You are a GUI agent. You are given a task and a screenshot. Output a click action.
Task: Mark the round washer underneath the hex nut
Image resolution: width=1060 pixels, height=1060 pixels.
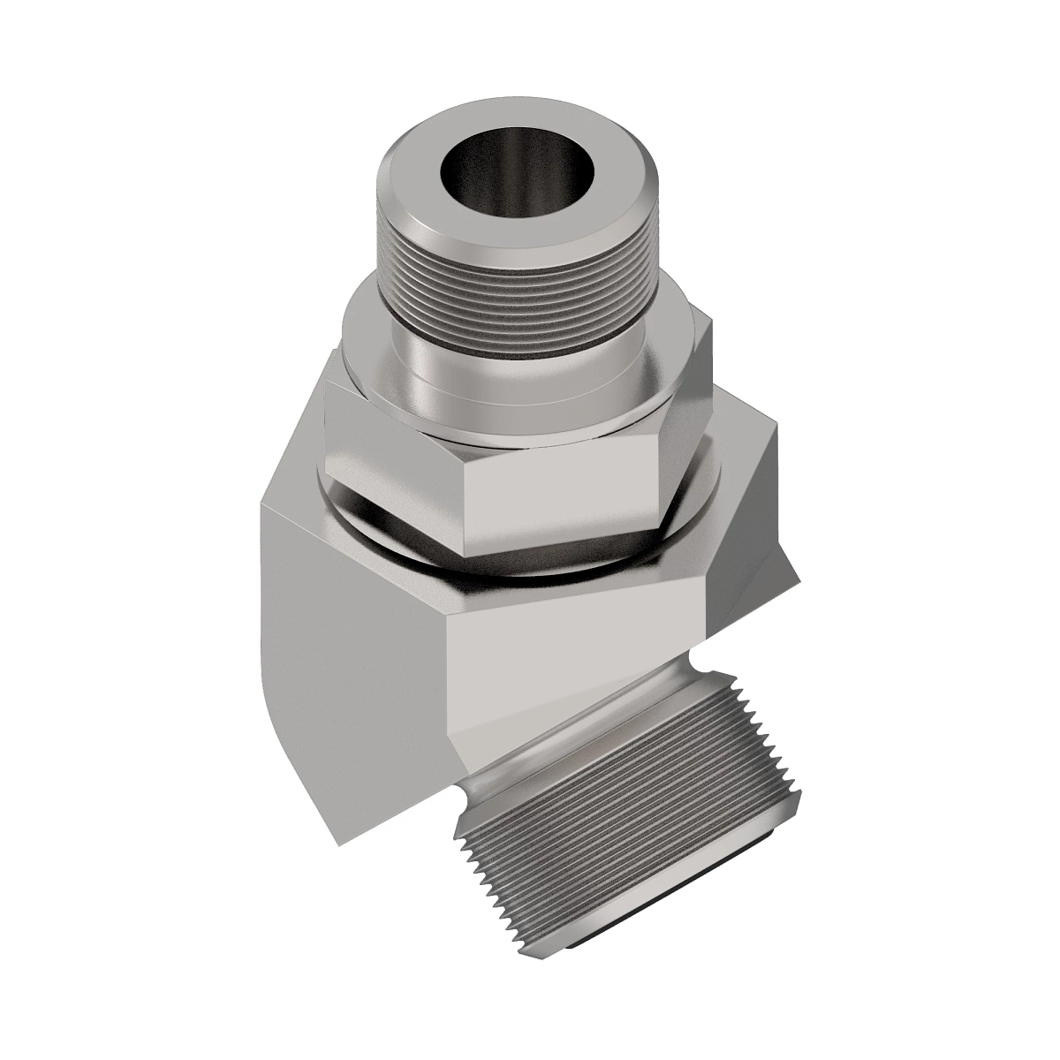397,530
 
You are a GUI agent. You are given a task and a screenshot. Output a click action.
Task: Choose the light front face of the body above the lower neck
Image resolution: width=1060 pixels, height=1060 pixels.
565,662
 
